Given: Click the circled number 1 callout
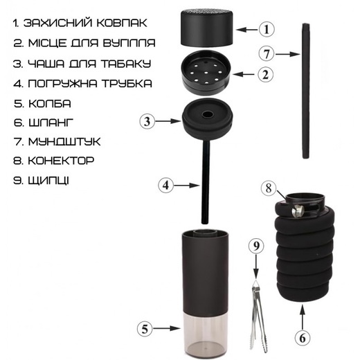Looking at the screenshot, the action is (267, 30).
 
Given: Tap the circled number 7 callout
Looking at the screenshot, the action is (266, 54).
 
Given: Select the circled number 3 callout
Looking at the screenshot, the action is (147, 121).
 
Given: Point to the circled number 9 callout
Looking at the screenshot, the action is (256, 246).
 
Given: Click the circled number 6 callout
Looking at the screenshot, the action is (303, 339).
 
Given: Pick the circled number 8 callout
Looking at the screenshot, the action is (269, 188).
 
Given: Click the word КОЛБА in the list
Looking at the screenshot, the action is (49, 104).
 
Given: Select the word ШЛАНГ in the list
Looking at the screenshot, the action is (51, 123).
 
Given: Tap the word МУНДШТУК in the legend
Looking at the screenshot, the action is (64, 142).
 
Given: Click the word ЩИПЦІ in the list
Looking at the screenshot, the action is (48, 181).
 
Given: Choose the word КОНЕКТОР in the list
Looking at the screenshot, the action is (61, 161).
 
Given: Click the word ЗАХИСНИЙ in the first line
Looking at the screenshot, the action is (57, 23).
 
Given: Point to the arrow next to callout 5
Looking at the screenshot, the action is (167, 328).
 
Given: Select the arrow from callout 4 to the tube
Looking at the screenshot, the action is (186, 185).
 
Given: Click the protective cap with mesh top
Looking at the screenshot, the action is (206, 27).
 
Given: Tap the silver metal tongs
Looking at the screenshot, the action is (258, 318).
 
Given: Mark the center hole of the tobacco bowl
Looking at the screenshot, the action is (207, 114).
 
